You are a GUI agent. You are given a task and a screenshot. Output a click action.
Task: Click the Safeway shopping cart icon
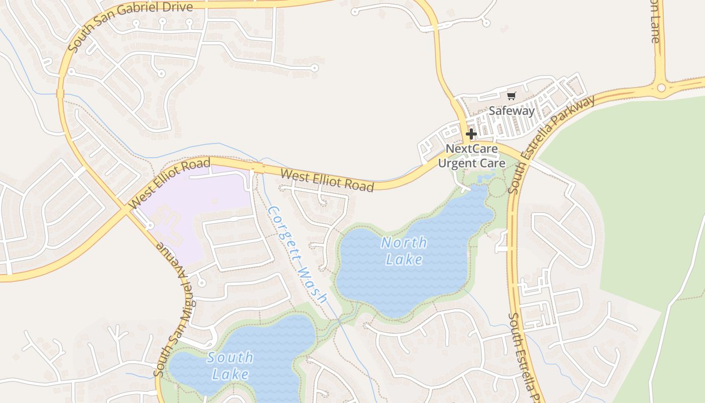coord(512,96)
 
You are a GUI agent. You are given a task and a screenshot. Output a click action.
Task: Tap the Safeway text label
coord(512,111)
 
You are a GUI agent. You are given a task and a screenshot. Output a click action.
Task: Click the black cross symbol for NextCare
coord(471,134)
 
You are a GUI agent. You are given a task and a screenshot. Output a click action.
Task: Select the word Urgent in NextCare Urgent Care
coord(457,163)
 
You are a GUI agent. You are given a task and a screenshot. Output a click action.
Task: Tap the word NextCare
coord(471,149)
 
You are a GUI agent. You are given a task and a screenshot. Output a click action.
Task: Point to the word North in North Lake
coord(404,243)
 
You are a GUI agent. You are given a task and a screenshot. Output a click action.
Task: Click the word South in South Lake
coord(230,358)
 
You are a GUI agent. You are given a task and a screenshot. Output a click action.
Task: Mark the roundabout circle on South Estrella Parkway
coord(661,88)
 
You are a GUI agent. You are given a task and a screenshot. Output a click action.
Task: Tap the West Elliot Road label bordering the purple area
coord(170,183)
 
